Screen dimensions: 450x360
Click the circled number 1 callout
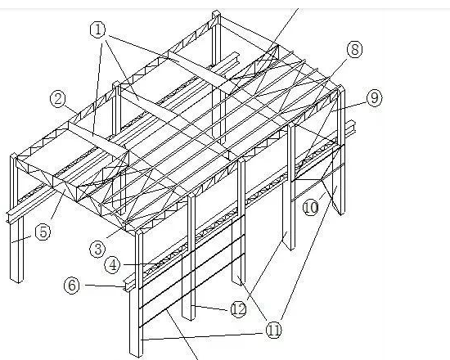coord(98,29)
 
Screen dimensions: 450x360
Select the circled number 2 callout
coord(58,99)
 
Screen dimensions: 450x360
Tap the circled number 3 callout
coord(98,250)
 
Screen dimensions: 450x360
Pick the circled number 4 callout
coord(113,265)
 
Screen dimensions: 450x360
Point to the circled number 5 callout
coord(43,232)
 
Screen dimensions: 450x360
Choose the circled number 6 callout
coord(72,285)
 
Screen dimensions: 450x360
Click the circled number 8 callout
coord(355,49)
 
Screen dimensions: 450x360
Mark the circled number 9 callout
coord(375,98)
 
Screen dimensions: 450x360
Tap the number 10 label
coord(311,207)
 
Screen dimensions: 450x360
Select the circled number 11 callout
coord(273,330)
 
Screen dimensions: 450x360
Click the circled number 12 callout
coord(238,309)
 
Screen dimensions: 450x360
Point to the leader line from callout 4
coord(140,264)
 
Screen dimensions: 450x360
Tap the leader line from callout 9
coord(349,106)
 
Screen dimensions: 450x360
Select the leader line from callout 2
coord(71,111)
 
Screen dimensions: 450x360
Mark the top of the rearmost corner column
coord(216,13)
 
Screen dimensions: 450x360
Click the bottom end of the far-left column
coord(16,279)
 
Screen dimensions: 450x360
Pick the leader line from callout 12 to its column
coord(212,308)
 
